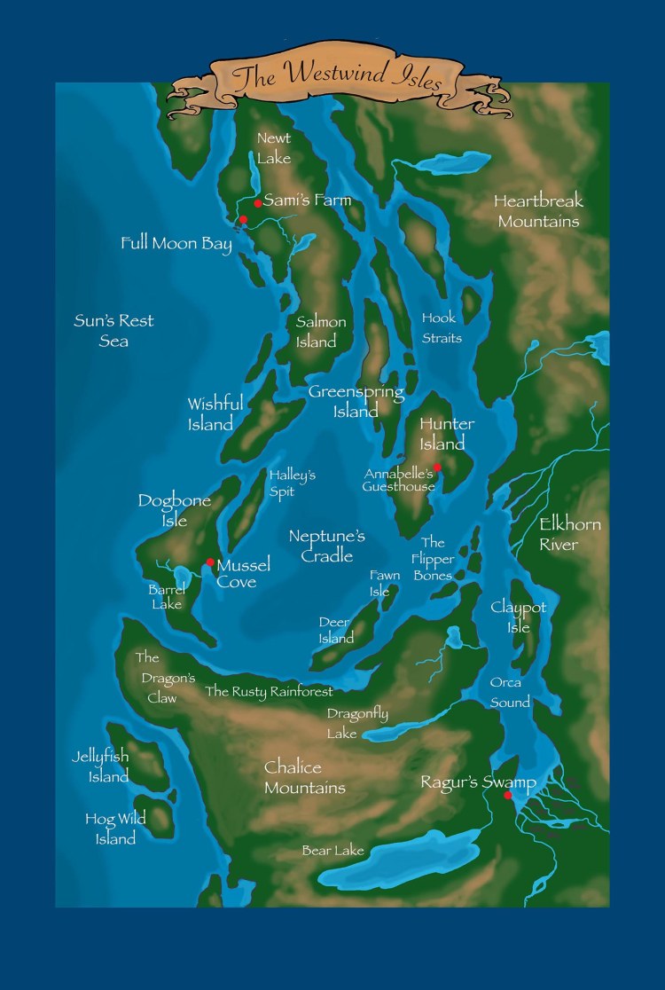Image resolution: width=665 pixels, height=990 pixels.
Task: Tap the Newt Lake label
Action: click(274, 147)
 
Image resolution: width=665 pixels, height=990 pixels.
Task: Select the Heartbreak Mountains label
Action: click(538, 211)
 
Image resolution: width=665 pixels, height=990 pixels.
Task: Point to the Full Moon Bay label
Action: click(176, 243)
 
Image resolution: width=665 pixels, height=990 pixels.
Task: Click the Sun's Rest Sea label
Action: click(113, 330)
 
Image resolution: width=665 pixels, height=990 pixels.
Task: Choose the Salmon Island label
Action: click(320, 332)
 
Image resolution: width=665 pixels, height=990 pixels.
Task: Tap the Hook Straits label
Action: click(441, 327)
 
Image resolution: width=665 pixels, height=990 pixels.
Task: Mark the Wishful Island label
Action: click(215, 414)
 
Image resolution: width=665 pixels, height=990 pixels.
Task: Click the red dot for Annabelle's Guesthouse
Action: click(437, 467)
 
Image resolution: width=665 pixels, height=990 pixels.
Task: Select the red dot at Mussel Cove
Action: click(210, 562)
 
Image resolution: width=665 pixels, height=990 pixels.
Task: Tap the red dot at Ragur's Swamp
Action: click(508, 796)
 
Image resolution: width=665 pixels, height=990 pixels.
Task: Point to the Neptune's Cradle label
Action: click(326, 546)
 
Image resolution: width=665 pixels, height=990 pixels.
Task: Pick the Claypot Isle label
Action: click(518, 617)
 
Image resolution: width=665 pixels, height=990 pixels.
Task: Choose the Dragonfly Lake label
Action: click(356, 723)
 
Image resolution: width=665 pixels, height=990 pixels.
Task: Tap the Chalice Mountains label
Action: click(304, 777)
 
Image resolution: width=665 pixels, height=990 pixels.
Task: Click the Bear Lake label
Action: click(332, 851)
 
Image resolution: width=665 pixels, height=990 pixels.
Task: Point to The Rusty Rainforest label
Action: click(269, 691)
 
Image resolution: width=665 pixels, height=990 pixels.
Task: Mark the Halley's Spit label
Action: click(293, 483)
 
